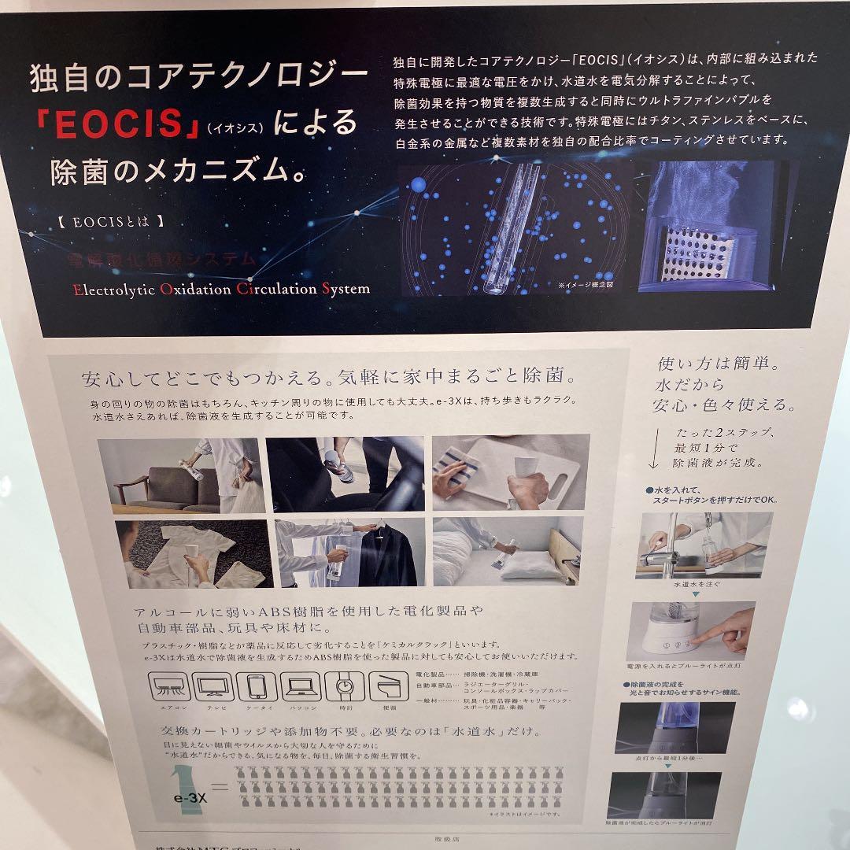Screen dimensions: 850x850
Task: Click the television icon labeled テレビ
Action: tap(213, 687)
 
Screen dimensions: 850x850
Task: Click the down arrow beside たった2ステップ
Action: tap(655, 451)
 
